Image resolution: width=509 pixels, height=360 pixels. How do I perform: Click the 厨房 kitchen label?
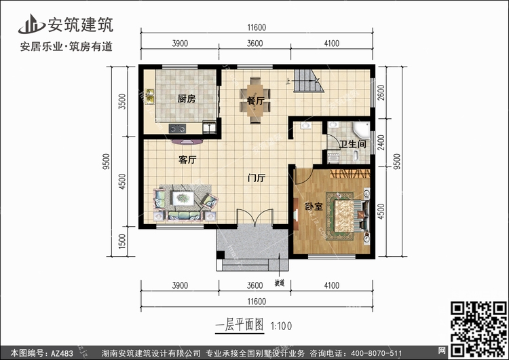click(187, 99)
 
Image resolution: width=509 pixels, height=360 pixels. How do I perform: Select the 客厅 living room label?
click(187, 161)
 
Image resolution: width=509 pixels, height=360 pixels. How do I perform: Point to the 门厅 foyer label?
click(256, 179)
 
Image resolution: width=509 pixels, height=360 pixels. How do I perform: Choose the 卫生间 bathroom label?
click(353, 144)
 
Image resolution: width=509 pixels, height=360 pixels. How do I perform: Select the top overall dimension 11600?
click(256, 28)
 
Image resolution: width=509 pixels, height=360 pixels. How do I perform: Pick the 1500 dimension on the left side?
click(122, 241)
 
